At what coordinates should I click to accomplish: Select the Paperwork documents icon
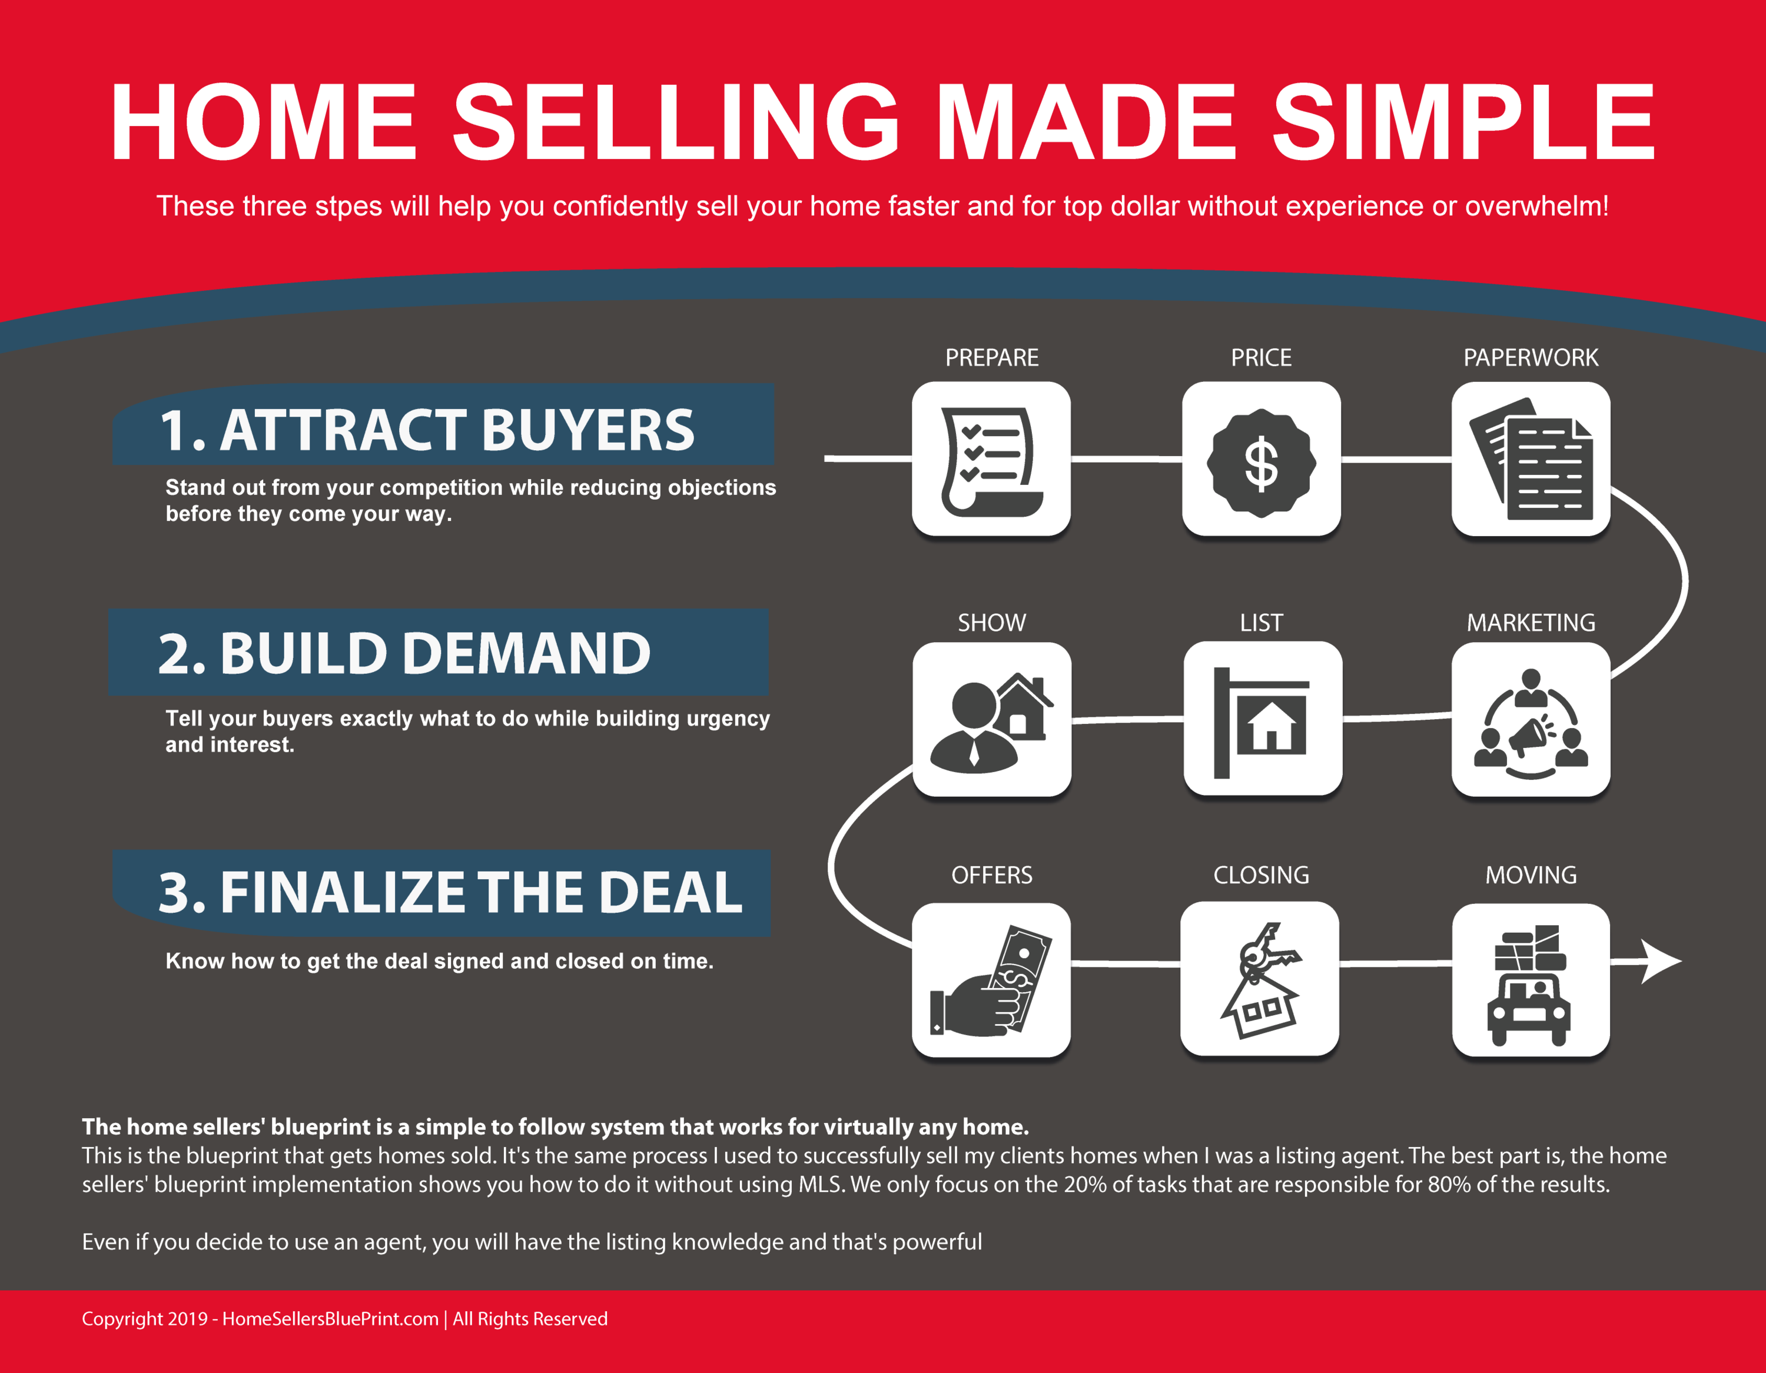coord(1531,458)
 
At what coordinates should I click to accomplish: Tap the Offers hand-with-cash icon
coord(991,980)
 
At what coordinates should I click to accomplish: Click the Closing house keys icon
coord(1260,980)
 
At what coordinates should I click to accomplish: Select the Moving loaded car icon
coord(1529,985)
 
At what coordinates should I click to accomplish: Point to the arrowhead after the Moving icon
coord(1662,962)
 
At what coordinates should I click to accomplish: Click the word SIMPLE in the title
coord(1463,123)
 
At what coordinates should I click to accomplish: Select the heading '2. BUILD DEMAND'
coord(404,653)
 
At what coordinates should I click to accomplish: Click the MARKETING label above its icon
coord(1531,623)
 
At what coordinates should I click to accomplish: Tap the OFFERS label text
coord(991,875)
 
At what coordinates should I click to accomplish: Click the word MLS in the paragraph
coord(820,1185)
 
